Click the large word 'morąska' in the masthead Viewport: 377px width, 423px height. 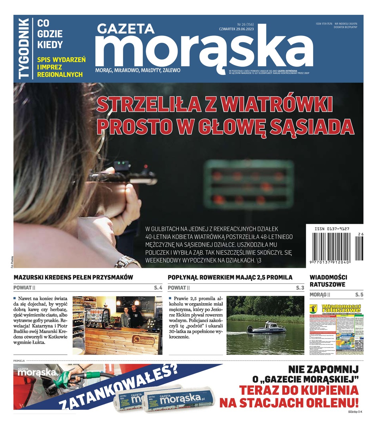[204, 49]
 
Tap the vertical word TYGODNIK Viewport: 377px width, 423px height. [24, 48]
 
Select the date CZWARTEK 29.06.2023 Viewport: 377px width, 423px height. [236, 29]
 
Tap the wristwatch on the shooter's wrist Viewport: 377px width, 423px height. [126, 262]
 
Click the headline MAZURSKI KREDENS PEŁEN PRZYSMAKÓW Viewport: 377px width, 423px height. [73, 277]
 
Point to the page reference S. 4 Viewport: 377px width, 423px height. [158, 288]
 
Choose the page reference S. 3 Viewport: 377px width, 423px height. [300, 288]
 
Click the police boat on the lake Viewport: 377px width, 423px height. [266, 329]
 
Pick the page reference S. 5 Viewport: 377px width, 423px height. [359, 295]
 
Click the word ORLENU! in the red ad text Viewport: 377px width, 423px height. [330, 402]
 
